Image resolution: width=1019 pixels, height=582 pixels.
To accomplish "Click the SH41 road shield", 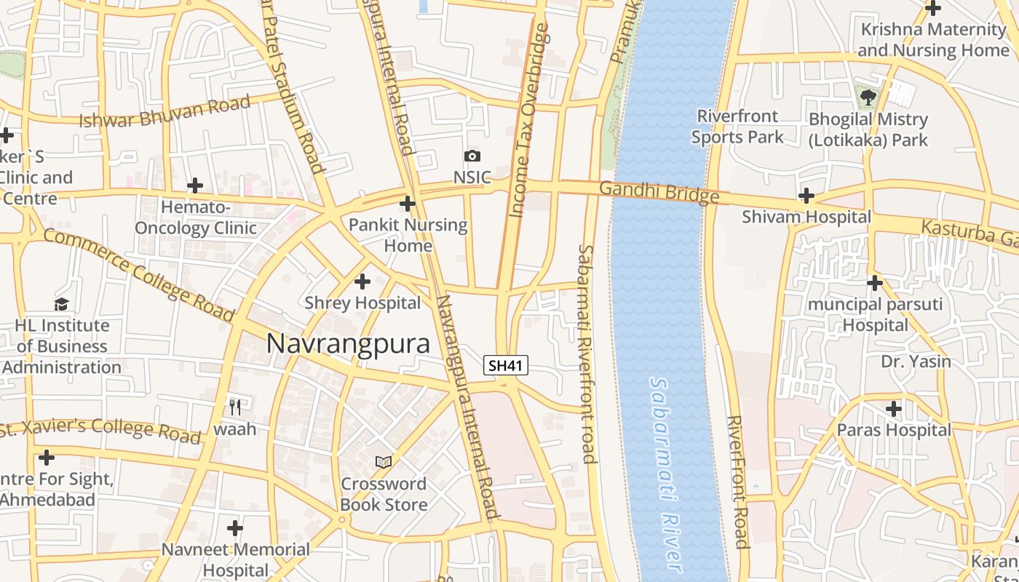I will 506,365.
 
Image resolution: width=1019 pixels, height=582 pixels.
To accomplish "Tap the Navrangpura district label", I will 348,343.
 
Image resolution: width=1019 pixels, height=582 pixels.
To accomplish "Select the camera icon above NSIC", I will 472,156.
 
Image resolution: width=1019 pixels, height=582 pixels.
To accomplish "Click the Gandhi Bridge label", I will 659,193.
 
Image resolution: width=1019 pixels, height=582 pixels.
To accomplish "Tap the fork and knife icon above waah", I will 234,407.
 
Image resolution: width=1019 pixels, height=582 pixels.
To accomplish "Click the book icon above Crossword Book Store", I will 384,462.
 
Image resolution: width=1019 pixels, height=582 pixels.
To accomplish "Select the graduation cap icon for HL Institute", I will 61,304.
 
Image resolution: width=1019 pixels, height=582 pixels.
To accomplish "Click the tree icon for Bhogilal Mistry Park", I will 868,97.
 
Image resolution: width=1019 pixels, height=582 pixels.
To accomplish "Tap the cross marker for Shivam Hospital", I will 806,196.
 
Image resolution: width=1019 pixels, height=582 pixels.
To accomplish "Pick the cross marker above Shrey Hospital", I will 362,282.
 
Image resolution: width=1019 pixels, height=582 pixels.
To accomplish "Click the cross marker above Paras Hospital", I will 893,409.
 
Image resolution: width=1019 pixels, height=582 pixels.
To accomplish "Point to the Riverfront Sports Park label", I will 737,127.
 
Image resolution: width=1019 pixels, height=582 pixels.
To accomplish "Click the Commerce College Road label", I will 138,275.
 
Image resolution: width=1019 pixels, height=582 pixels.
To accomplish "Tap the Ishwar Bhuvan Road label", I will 164,111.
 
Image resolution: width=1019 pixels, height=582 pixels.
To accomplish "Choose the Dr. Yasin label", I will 916,362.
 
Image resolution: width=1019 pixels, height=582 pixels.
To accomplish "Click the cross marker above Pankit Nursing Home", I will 408,204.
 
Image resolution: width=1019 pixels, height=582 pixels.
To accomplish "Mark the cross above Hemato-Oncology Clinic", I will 195,186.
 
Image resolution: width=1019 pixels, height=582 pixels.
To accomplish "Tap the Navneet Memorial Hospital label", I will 235,559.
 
